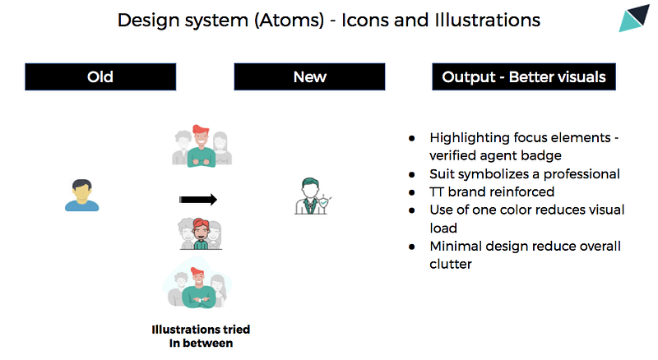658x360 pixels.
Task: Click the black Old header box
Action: pyautogui.click(x=100, y=76)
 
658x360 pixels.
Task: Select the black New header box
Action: pyautogui.click(x=309, y=76)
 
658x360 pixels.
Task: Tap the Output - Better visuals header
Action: pyautogui.click(x=524, y=76)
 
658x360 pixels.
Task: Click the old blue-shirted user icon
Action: pyautogui.click(x=81, y=195)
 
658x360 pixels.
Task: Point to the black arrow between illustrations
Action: pyautogui.click(x=198, y=200)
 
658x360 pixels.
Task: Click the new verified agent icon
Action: pyautogui.click(x=313, y=196)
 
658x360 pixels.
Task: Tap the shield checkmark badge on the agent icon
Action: pyautogui.click(x=323, y=203)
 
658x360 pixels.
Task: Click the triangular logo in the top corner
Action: pyautogui.click(x=633, y=18)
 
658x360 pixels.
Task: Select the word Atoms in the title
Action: pyautogui.click(x=290, y=21)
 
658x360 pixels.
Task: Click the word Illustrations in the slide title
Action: pyautogui.click(x=487, y=21)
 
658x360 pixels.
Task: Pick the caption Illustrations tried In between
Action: pyautogui.click(x=201, y=336)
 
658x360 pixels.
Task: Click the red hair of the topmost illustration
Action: pyautogui.click(x=201, y=129)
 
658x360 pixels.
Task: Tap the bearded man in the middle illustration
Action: pyautogui.click(x=201, y=233)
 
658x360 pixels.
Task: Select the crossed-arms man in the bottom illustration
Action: pyautogui.click(x=198, y=289)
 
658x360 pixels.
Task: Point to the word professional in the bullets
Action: pyautogui.click(x=582, y=174)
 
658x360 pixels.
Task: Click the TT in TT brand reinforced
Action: pyautogui.click(x=437, y=192)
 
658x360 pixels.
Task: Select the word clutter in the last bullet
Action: pyautogui.click(x=451, y=265)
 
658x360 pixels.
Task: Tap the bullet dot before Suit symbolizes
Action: pyautogui.click(x=412, y=174)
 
